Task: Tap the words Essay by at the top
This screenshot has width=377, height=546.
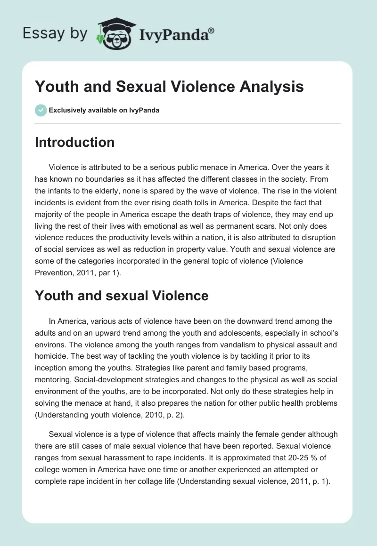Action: point(56,33)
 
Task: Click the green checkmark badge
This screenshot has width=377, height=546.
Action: point(41,110)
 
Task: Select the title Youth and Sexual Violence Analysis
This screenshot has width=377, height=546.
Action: point(169,87)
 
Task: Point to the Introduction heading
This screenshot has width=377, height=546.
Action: point(74,142)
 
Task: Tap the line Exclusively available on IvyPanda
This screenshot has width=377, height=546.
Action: point(104,111)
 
